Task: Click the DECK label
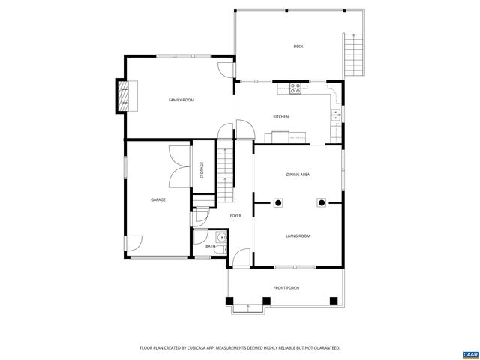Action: tap(298, 46)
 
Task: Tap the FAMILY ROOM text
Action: tap(181, 100)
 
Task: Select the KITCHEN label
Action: tap(280, 117)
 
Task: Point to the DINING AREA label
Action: tap(298, 175)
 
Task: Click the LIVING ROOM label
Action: tap(298, 236)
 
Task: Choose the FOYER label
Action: tap(235, 216)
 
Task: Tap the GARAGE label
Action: tap(157, 199)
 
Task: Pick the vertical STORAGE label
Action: tap(202, 170)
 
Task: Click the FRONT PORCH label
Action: tap(286, 287)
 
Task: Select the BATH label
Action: tap(211, 246)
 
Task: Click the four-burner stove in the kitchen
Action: tap(295, 88)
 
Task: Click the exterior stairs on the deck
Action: tap(352, 54)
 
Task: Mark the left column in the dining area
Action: tap(277, 202)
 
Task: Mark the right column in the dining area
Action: tap(322, 202)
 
